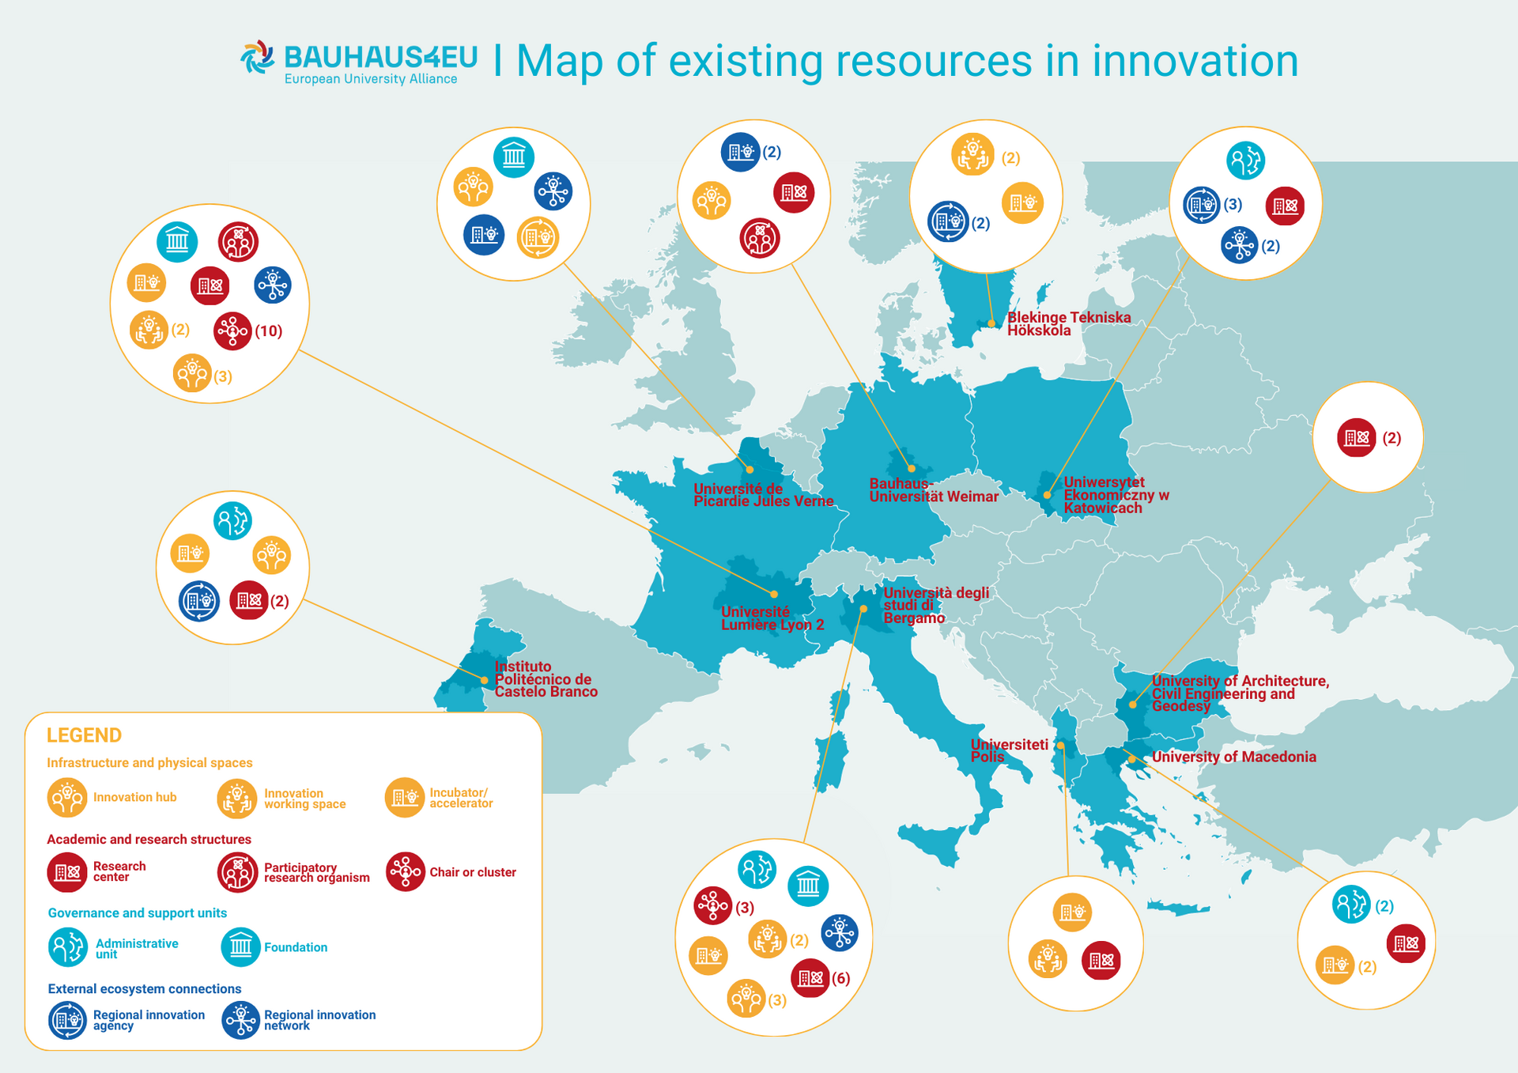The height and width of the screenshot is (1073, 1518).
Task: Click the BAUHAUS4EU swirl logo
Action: click(x=258, y=58)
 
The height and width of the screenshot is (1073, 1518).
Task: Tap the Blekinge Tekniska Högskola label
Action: click(x=1068, y=323)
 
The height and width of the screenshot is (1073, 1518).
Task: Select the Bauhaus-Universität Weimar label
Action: click(x=933, y=490)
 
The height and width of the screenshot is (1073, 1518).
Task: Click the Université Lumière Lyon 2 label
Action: click(x=772, y=618)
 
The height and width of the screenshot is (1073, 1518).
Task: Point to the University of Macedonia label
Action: click(x=1233, y=757)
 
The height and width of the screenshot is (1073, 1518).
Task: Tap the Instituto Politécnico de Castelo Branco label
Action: click(x=546, y=679)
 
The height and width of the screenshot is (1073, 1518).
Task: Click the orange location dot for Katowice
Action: click(x=1047, y=496)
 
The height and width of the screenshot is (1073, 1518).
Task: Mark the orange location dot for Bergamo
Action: click(x=864, y=609)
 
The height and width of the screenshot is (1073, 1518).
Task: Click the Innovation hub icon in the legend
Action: click(x=67, y=797)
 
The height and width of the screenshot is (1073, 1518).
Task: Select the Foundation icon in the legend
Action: click(x=241, y=946)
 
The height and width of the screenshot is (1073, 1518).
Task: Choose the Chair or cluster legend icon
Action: click(x=406, y=872)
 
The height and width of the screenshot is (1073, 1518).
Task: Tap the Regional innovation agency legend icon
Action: click(x=67, y=1020)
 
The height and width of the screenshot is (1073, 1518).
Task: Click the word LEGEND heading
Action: click(x=84, y=735)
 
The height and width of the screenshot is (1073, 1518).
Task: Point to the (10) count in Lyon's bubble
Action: click(x=268, y=331)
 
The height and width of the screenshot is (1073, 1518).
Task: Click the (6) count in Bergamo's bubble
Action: click(x=840, y=979)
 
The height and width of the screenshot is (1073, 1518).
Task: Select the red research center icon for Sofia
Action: click(x=1357, y=437)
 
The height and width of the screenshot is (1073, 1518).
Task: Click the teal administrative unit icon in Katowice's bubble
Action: click(x=1245, y=161)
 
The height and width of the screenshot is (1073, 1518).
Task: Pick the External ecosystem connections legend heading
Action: click(x=145, y=988)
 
